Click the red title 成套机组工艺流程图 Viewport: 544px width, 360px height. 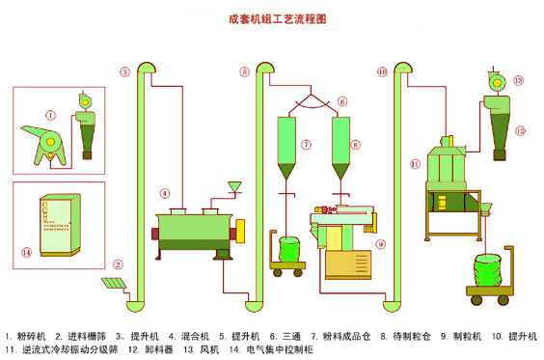coord(278,18)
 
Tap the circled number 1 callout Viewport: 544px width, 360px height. coord(51,115)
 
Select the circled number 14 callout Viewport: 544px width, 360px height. coord(27,252)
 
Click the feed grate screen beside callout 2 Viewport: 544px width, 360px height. coord(114,284)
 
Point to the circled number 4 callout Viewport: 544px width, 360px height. coord(165,193)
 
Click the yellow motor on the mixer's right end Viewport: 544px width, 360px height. coord(240,231)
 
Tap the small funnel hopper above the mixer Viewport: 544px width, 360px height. coord(234,187)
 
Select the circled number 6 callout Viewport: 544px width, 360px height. coord(342,101)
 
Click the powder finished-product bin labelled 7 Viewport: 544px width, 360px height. coord(286,148)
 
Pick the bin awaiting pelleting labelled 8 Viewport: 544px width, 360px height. coord(340,148)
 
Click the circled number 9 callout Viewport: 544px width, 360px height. coord(381,244)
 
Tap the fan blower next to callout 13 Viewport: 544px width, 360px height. coord(497,82)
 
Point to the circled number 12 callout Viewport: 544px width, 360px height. coord(521,131)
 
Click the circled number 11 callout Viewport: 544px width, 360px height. coord(415,164)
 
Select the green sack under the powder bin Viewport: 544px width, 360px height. coord(288,249)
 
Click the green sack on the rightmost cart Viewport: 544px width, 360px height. coord(487,270)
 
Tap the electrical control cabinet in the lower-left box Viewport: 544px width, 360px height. coord(61,225)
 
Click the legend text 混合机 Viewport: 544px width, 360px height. coord(195,337)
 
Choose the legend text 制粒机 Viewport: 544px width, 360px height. coord(467,337)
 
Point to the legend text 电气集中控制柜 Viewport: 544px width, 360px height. coord(280,349)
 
